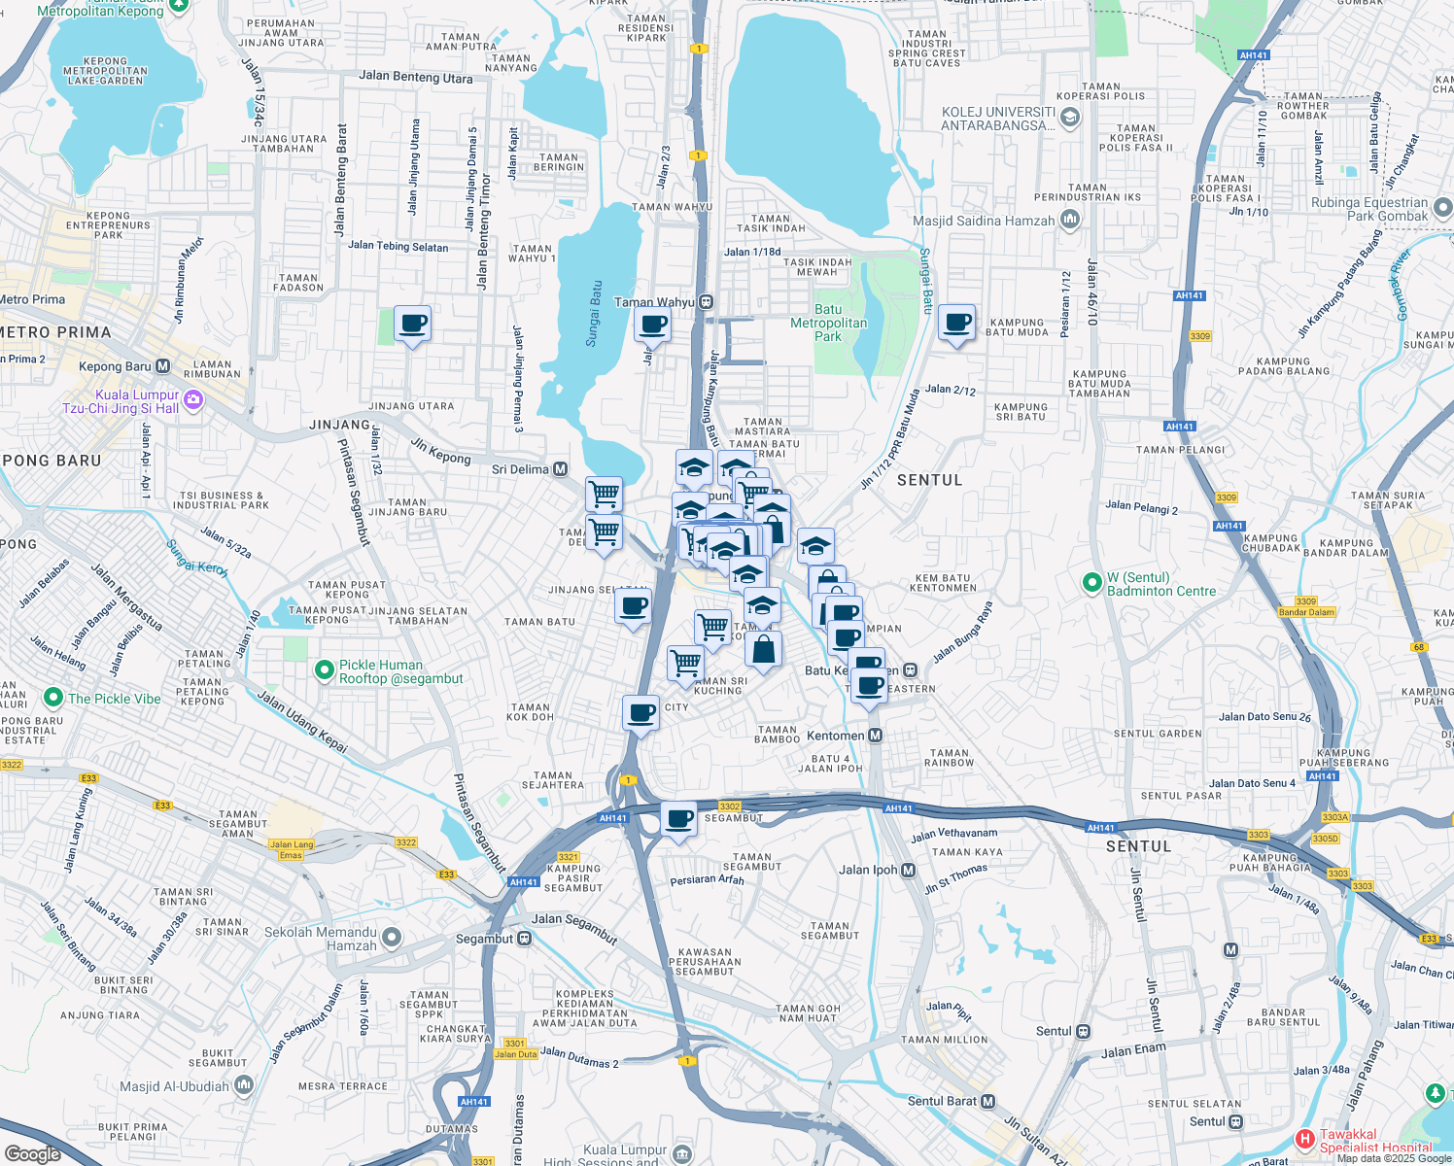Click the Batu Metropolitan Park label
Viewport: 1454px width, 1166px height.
point(828,323)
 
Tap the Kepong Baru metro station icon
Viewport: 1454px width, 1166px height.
point(162,366)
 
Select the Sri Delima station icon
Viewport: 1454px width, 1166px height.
point(561,469)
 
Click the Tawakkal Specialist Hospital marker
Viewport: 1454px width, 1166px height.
point(1304,1138)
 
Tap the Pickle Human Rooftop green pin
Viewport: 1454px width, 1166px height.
point(325,670)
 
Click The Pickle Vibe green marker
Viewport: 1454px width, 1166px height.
point(53,698)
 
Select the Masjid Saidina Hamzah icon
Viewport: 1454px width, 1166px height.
point(1069,220)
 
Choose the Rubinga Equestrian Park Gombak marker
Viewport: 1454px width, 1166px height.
point(1442,207)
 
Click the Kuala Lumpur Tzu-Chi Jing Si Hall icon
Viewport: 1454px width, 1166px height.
point(192,400)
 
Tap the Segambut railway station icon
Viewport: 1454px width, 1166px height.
point(524,939)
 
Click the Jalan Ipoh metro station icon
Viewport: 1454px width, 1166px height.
point(908,871)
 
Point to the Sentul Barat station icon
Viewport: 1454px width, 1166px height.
point(987,1101)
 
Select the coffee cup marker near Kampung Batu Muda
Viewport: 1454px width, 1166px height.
point(957,324)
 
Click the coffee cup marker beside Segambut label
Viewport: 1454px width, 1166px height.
point(679,819)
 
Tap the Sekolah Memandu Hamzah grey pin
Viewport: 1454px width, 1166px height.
point(391,938)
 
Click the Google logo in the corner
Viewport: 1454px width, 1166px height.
point(32,1153)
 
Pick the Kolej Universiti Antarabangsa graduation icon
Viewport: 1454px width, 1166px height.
point(1070,118)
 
